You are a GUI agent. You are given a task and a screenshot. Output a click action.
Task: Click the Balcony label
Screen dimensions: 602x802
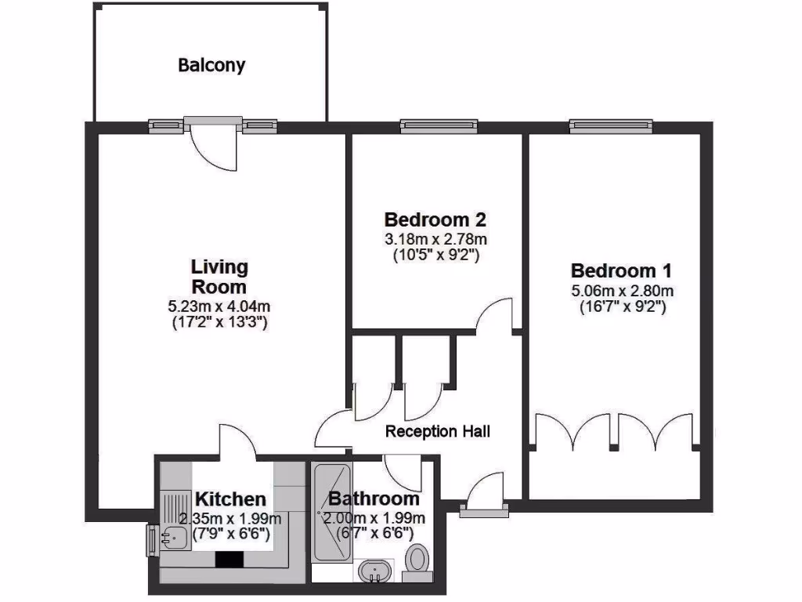211,65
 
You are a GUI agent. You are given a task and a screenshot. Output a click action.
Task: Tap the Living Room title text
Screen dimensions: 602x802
219,277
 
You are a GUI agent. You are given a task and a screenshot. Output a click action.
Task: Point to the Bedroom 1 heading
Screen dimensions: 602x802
621,271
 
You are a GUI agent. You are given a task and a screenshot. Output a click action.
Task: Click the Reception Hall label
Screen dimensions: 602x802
438,431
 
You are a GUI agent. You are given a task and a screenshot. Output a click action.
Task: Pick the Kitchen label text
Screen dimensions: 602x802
230,499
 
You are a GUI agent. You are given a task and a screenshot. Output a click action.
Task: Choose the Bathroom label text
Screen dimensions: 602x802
374,499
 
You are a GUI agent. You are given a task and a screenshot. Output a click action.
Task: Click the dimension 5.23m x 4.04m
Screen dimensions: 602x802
219,306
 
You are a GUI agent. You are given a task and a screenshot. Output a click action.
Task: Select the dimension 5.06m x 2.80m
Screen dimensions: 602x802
622,291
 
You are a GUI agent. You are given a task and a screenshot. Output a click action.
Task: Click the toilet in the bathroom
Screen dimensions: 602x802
418,562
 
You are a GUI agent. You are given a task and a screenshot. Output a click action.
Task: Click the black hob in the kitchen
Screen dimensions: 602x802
230,559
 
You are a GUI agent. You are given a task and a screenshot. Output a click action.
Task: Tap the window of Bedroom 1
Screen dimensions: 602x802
610,125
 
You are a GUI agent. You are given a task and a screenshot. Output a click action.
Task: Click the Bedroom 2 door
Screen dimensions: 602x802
495,314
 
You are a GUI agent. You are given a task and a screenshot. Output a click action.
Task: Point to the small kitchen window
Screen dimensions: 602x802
150,540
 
